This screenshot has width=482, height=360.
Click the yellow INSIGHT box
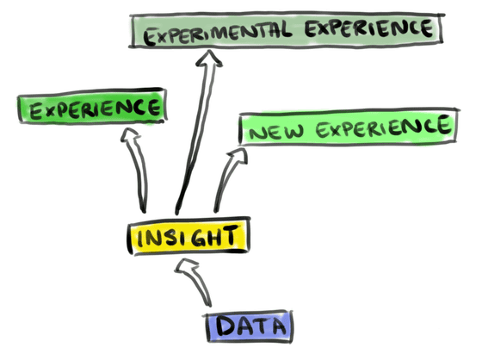(188, 236)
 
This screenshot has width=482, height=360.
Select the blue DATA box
(250, 326)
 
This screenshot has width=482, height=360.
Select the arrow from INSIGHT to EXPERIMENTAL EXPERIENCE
(197, 133)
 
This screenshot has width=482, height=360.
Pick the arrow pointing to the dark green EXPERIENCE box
(136, 169)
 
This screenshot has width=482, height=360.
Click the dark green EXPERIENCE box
(92, 106)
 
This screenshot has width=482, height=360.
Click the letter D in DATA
(226, 326)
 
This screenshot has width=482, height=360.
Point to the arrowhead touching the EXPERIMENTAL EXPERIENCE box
(210, 58)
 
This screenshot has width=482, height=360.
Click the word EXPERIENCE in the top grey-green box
(368, 28)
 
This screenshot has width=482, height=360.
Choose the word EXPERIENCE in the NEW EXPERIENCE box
(383, 127)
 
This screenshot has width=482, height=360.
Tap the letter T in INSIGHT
(231, 235)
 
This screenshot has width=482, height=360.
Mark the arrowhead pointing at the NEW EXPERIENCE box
(238, 156)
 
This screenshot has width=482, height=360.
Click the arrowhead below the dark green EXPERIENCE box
(130, 134)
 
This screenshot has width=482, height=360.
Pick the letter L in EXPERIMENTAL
(285, 29)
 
